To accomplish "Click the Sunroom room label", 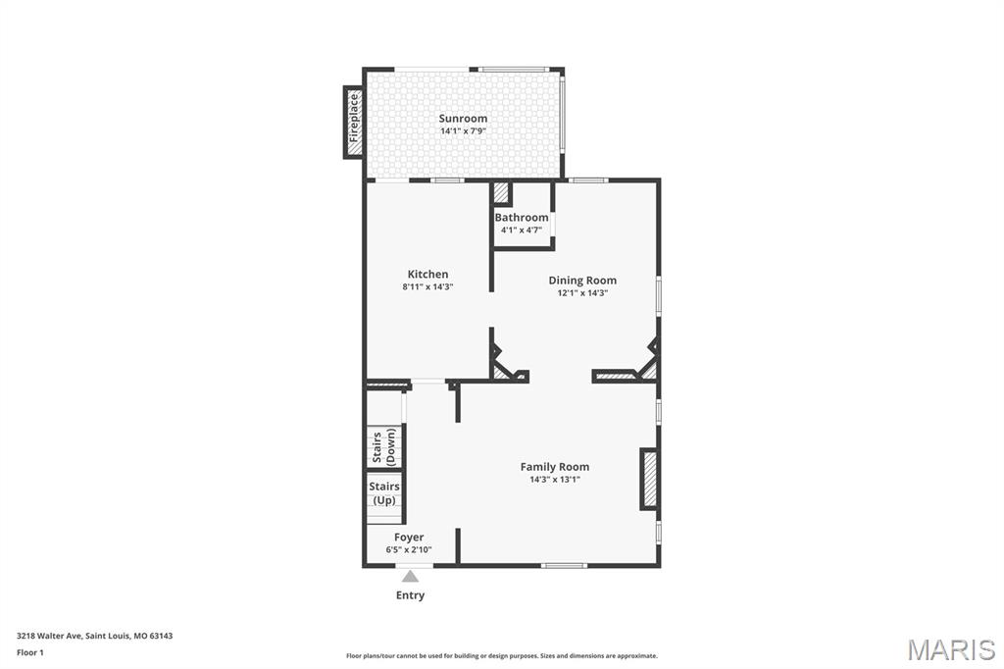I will [463, 119].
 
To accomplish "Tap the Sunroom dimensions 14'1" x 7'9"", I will [463, 131].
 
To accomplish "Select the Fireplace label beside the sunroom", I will [354, 122].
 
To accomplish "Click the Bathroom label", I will [522, 218].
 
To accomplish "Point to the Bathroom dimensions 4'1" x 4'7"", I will [522, 231].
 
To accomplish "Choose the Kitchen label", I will [427, 275].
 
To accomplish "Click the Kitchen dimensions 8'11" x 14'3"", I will [427, 287].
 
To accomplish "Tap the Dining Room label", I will [582, 281].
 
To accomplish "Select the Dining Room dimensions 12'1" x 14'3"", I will [582, 293].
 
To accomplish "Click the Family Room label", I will [555, 467].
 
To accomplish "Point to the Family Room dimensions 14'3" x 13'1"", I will [555, 480].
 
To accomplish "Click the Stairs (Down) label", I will [383, 447].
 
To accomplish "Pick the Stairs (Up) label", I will [384, 493].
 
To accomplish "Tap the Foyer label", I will [409, 538].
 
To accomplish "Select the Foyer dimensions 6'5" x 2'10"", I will [409, 550].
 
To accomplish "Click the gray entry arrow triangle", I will [410, 577].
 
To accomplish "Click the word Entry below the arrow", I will [410, 595].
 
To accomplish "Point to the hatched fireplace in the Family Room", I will [649, 479].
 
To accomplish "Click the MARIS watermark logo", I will [951, 649].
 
